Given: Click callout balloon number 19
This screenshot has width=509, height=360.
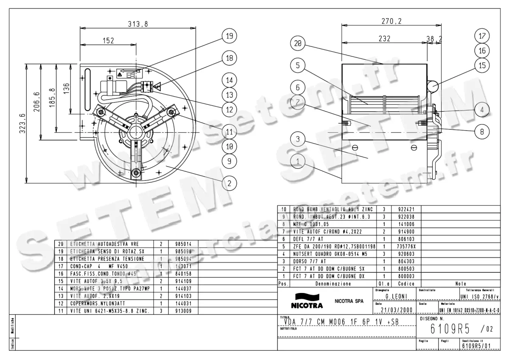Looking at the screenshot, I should pos(229,36).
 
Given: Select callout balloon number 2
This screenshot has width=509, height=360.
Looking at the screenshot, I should pos(229,183).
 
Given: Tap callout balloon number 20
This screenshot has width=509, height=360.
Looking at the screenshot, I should pos(298,43).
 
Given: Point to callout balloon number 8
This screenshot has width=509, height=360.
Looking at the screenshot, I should pos(482,131).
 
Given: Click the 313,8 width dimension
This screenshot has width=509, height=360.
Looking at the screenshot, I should pos(138,25).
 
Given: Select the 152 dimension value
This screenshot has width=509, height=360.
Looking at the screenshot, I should pos(109,40).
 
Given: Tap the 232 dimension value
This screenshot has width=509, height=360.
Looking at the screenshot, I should pos(384,38).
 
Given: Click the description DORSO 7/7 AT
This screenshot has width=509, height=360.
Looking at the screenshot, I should pos(310,261).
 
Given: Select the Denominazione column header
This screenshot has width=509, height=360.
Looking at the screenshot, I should pos(333,284).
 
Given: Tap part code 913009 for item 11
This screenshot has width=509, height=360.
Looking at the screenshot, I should pos(182,311).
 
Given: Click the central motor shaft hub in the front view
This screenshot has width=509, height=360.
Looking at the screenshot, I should pos(137,130).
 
